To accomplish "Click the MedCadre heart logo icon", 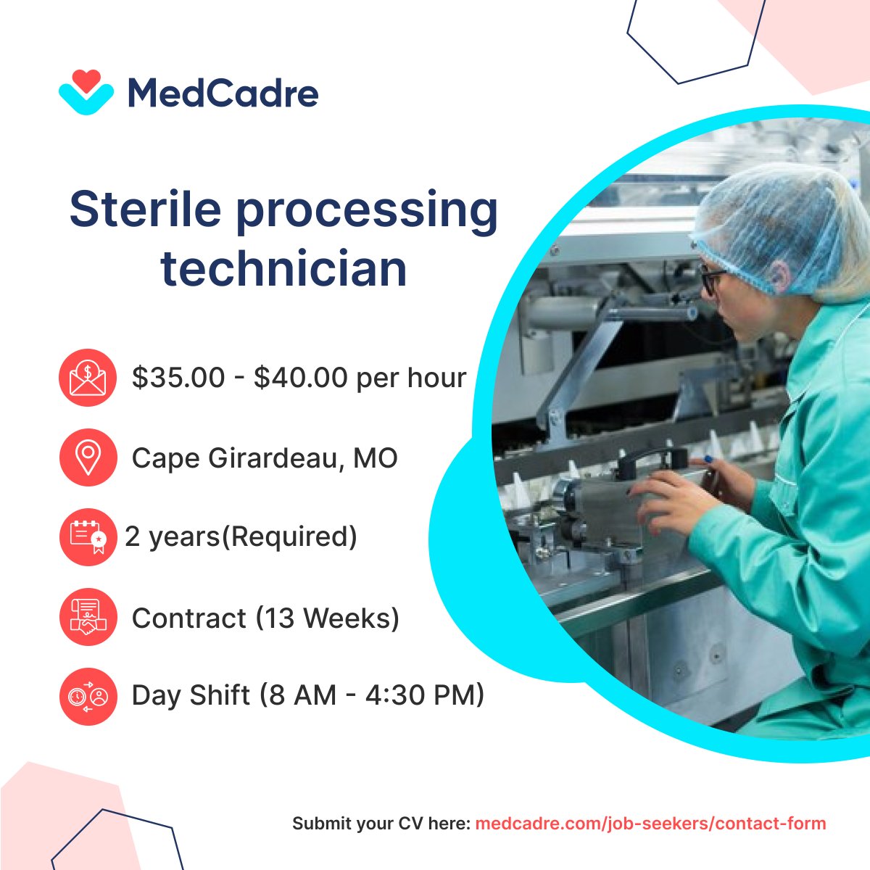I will [x=86, y=92].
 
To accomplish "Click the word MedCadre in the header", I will [x=223, y=94].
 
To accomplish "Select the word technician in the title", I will [x=283, y=268].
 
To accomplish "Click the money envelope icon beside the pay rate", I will [x=88, y=378].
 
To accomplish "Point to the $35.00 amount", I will [x=178, y=378].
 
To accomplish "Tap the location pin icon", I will [x=88, y=457].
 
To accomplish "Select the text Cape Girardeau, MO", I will [x=265, y=458].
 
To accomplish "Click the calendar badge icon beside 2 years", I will [x=88, y=537].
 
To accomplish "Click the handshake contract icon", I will [x=88, y=617].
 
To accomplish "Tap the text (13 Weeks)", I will [x=327, y=618].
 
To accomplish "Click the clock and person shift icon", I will [x=88, y=696].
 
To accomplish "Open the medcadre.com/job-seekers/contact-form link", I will [x=650, y=824].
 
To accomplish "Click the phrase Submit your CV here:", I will [x=381, y=824].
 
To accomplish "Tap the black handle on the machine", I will [x=652, y=457].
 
